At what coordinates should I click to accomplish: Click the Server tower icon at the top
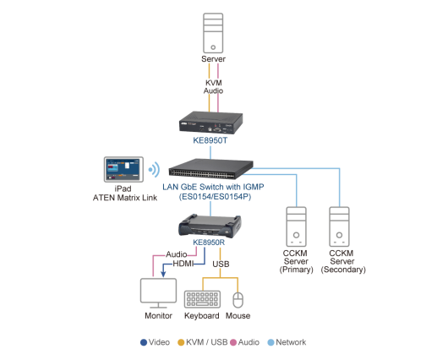click(x=213, y=33)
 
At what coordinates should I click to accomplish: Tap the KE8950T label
click(x=210, y=140)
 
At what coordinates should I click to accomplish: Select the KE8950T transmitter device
click(x=211, y=123)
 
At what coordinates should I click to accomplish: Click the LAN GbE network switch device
click(x=210, y=169)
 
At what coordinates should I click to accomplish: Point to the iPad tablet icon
click(x=123, y=169)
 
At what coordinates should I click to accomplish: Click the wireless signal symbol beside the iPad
click(x=155, y=170)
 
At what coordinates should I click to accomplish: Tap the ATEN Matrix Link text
click(x=125, y=198)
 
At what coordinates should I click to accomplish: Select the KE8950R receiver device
click(x=210, y=226)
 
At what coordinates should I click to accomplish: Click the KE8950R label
click(x=209, y=243)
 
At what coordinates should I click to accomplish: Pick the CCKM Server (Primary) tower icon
click(x=297, y=226)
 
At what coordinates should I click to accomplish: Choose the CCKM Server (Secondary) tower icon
click(x=339, y=226)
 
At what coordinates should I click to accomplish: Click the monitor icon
click(x=158, y=293)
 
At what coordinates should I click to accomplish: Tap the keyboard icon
click(x=202, y=299)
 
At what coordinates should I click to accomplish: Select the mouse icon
click(x=238, y=300)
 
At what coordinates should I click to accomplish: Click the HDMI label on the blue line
click(x=183, y=264)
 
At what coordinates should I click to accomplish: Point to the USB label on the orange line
click(x=221, y=264)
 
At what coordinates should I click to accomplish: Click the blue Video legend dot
click(x=144, y=342)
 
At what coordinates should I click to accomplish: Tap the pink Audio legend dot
click(x=233, y=342)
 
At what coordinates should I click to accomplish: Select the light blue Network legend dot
click(x=270, y=342)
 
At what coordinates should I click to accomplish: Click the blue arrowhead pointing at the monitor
click(x=163, y=274)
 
